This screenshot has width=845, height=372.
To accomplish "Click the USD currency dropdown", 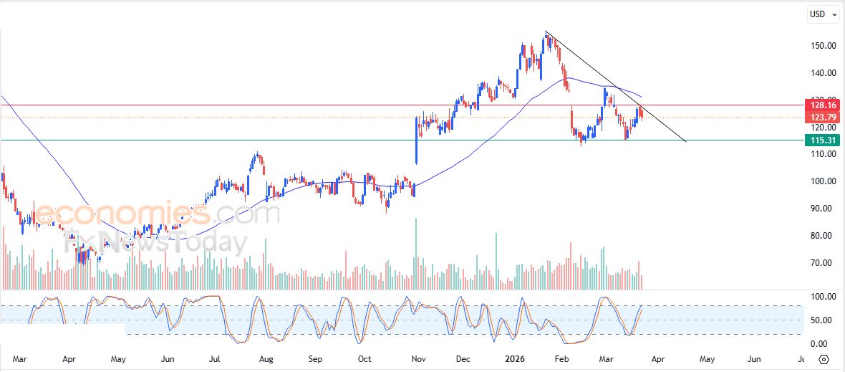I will [x=822, y=14].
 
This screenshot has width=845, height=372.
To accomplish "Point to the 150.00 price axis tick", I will [x=823, y=46].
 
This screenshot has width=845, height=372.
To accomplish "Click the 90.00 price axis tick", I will [x=823, y=209].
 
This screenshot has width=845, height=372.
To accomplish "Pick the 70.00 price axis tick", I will [x=823, y=263].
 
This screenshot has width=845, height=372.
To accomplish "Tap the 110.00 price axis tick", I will [x=823, y=154].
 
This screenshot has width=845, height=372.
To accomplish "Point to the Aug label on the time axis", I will [x=266, y=358].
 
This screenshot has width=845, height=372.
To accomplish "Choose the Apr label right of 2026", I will [x=657, y=358].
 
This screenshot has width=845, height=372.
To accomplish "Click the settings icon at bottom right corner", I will [x=824, y=359].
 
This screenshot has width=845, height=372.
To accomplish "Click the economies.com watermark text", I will [x=147, y=214].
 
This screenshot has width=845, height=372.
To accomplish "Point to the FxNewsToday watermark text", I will [x=154, y=242].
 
